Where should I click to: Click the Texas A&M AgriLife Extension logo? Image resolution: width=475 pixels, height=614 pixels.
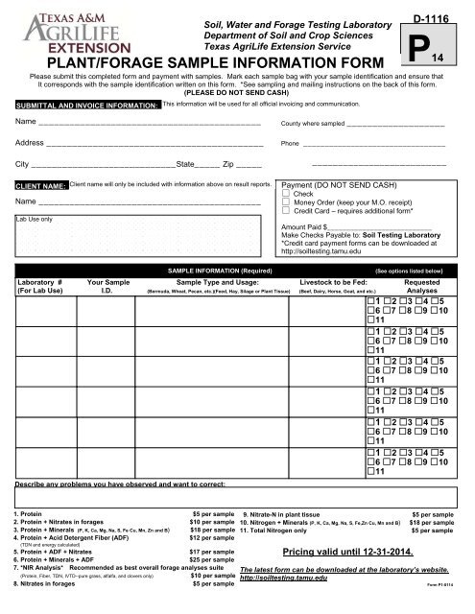[63, 33]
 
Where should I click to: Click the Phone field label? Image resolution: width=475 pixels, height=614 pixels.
[288, 144]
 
